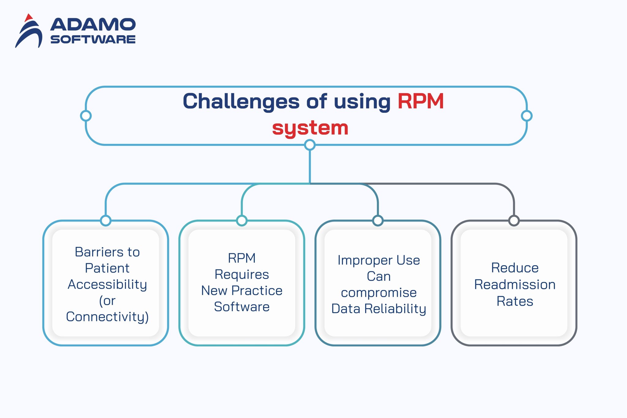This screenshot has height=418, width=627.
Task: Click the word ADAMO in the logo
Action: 93,24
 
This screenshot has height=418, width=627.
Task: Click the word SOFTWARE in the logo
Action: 93,40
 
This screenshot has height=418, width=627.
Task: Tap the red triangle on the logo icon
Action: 28,18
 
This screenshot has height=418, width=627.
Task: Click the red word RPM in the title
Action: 420,101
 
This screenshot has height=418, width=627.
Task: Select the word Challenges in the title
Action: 241,101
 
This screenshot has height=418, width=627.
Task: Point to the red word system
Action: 310,128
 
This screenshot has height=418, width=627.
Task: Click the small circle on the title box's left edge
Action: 86,116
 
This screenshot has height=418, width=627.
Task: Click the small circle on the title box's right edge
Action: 527,116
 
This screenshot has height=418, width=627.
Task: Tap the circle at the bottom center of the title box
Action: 310,145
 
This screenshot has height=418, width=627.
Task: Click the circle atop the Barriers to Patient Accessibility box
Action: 106,220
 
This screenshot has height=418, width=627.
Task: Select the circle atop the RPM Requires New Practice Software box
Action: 242,220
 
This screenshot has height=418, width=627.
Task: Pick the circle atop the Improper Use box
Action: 378,220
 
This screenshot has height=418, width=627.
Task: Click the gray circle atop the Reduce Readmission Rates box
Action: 514,220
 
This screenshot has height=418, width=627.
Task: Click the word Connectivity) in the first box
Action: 107,317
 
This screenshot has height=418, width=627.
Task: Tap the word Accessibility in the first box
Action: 107,284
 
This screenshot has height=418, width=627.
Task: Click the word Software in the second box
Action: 242,307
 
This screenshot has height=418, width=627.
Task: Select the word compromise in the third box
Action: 379,293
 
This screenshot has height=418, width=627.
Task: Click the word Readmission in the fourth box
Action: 515,285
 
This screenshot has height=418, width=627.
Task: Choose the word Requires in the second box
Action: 242,274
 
